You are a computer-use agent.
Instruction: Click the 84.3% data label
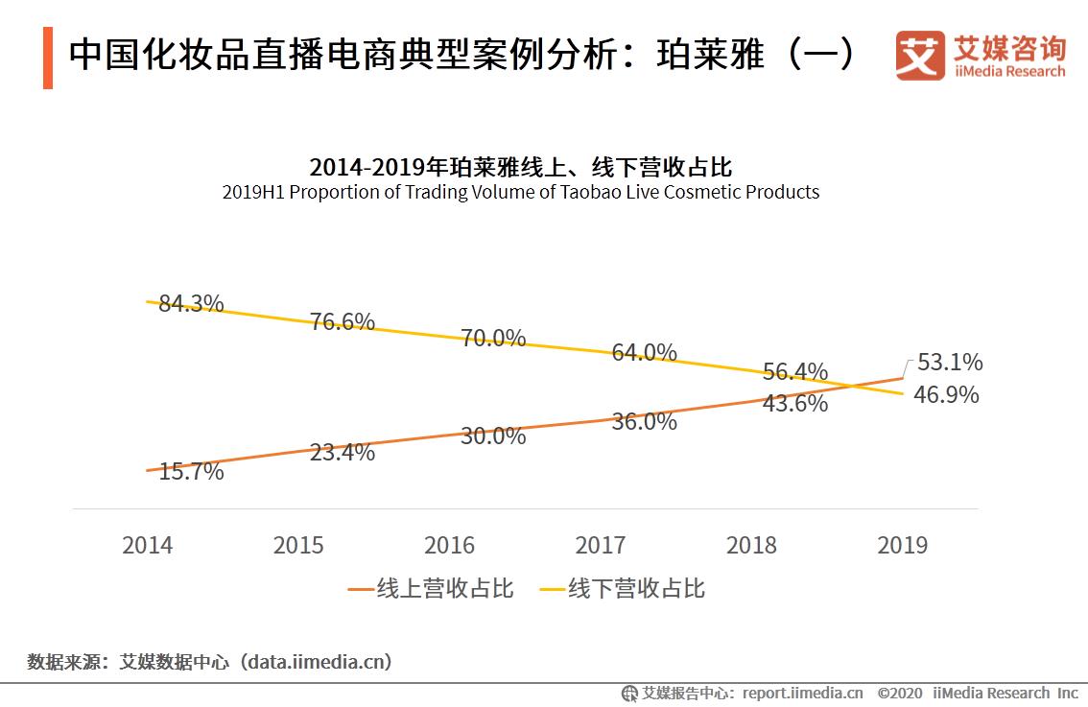coord(191,304)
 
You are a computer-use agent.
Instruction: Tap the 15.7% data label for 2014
coord(191,472)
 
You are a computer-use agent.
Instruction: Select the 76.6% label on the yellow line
coord(343,322)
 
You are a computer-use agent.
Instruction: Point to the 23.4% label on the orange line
coord(343,453)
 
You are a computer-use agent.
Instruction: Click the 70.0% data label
coord(493,338)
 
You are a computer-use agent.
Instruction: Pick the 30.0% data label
coord(493,436)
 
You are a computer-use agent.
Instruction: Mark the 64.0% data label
coord(645,352)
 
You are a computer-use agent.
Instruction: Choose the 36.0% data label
coord(645,421)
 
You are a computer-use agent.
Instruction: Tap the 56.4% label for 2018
coord(795,372)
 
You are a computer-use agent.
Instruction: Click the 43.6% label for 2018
coord(795,404)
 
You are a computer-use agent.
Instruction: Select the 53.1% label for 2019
coord(950,363)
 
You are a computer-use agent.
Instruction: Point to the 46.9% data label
coord(946,394)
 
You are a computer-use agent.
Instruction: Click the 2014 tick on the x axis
coord(148,546)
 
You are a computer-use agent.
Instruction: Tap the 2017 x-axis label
coord(601,546)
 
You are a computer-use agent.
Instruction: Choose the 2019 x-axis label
coord(903,546)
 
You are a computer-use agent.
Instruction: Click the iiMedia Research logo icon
coord(920,56)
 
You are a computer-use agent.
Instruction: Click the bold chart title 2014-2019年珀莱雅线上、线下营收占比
coord(521,166)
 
